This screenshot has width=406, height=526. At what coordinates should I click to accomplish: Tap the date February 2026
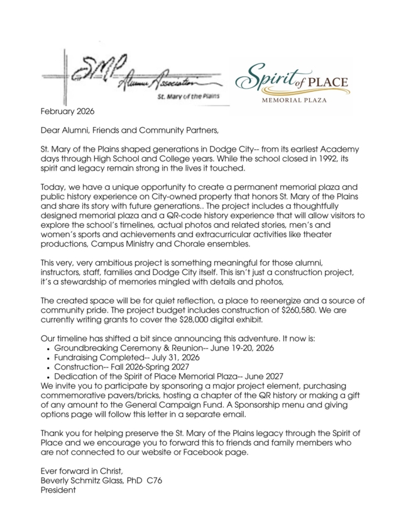click(x=67, y=112)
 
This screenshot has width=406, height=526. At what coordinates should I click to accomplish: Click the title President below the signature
click(x=58, y=490)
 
